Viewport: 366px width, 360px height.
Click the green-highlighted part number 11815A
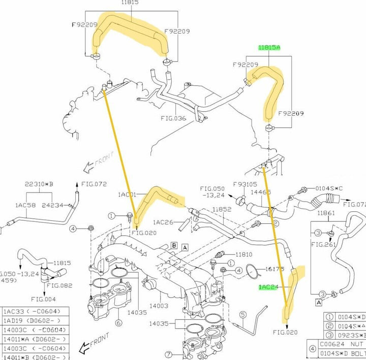pos(268,47)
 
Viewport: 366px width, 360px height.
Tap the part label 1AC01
pos(128,194)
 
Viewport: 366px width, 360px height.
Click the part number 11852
pos(222,209)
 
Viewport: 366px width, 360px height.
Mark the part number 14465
pos(260,193)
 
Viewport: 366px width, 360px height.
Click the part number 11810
pos(244,253)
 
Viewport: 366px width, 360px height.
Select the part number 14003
pos(159,306)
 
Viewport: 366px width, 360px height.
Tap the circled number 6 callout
pos(118,323)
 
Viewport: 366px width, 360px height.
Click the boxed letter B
pos(174,245)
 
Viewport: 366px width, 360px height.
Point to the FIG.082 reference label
pos(59,285)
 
